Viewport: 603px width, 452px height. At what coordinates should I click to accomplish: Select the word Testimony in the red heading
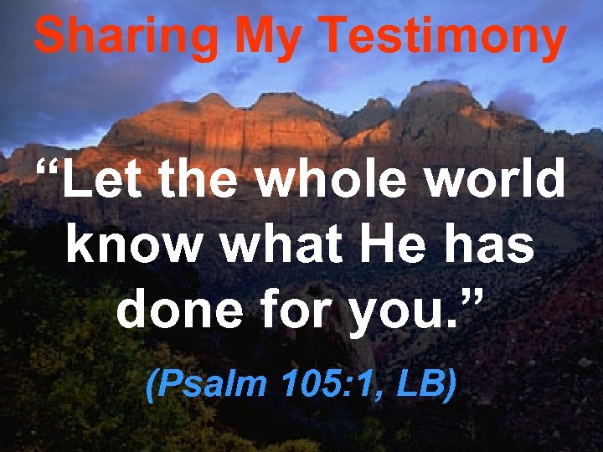(445, 37)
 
